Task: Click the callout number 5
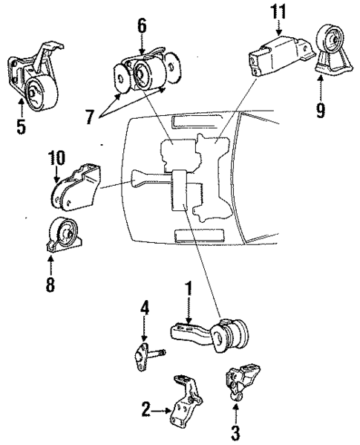(x=21, y=126)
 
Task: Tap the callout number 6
(x=141, y=25)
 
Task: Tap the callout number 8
(x=50, y=283)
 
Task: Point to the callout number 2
(x=147, y=408)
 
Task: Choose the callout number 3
(x=236, y=429)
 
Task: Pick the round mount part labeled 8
(x=62, y=233)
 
